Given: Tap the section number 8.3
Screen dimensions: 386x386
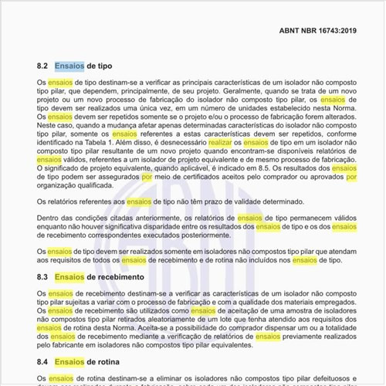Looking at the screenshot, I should [x=43, y=276].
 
